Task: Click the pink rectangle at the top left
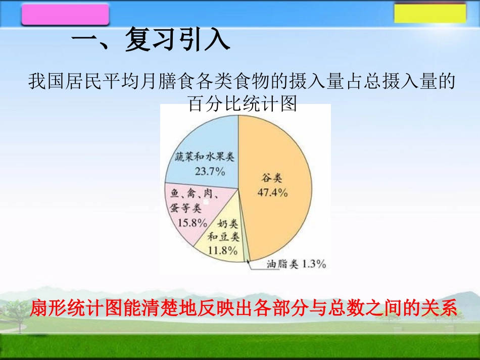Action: [x=66, y=14]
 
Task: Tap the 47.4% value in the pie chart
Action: [x=274, y=192]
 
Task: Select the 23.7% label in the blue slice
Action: [x=209, y=171]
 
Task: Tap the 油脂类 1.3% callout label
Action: [x=296, y=264]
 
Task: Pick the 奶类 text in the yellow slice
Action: [x=228, y=224]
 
